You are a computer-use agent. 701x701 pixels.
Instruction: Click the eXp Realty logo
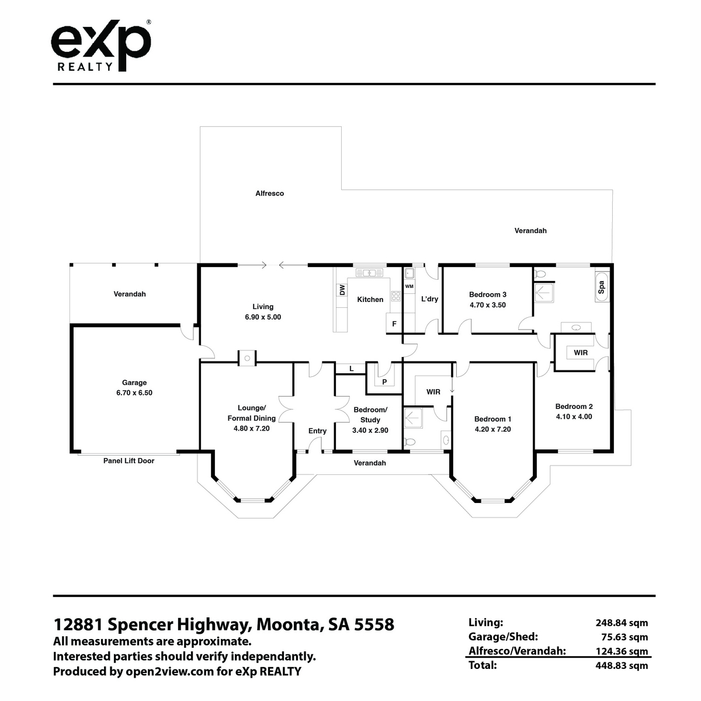point(101,46)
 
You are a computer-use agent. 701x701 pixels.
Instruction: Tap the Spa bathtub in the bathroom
point(601,287)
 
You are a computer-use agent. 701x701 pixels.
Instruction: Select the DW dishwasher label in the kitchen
point(342,290)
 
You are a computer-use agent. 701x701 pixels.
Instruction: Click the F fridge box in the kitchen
point(394,323)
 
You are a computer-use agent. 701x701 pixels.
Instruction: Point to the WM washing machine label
point(410,286)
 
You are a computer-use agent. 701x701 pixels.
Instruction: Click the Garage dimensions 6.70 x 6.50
point(134,393)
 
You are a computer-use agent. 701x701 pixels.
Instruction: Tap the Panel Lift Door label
point(129,460)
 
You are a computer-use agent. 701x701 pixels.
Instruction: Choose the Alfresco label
point(269,193)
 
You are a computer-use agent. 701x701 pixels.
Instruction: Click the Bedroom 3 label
point(487,294)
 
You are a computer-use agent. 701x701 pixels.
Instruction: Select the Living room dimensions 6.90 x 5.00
point(263,317)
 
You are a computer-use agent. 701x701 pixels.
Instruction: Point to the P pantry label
point(384,382)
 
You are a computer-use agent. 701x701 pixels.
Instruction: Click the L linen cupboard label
point(352,369)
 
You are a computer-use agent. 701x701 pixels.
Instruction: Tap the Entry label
point(317,431)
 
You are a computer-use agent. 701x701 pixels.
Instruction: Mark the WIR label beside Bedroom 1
point(433,392)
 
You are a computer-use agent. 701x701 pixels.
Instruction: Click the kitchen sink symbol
point(369,272)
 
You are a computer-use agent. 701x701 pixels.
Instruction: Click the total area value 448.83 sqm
point(622,675)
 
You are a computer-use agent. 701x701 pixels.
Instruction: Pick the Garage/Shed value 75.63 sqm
point(624,647)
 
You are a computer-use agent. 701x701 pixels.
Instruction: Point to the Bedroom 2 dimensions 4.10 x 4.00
point(574,417)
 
